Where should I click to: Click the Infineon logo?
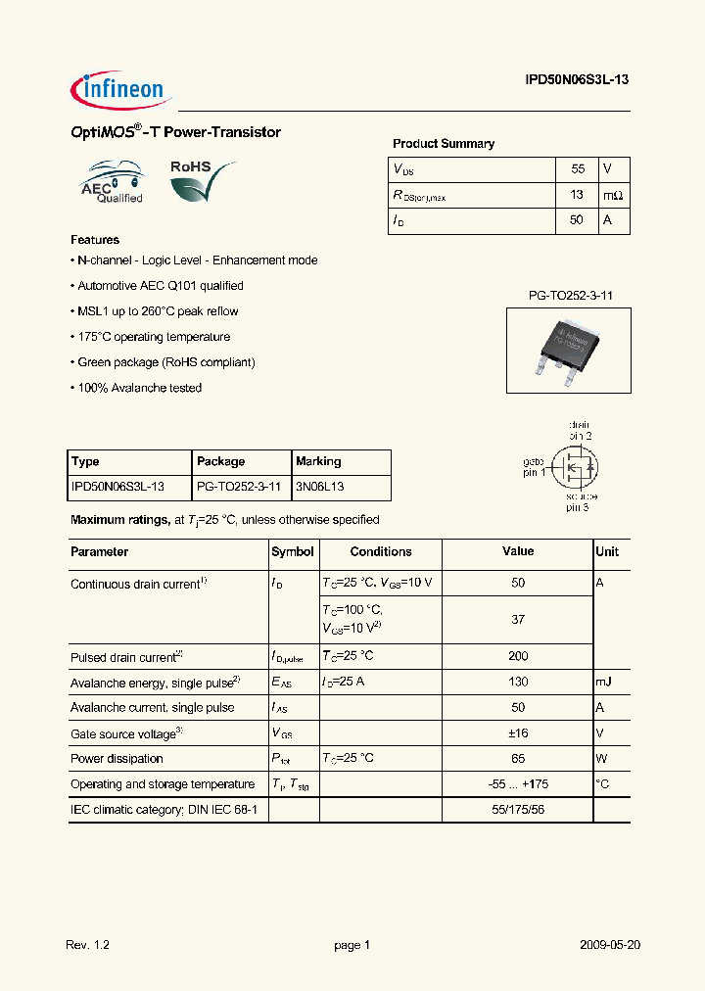tap(120, 91)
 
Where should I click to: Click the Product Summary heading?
tap(443, 144)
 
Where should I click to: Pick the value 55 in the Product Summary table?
tap(577, 169)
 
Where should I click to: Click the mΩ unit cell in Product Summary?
tap(613, 195)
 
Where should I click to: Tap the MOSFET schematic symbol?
tap(574, 468)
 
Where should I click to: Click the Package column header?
tap(221, 461)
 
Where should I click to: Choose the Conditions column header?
tap(381, 552)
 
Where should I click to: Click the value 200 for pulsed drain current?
tap(518, 656)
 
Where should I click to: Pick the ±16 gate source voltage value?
tap(518, 732)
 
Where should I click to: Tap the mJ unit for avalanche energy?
tap(604, 682)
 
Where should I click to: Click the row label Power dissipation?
tap(117, 758)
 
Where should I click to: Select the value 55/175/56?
tap(518, 809)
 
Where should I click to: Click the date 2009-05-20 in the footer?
tap(609, 945)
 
